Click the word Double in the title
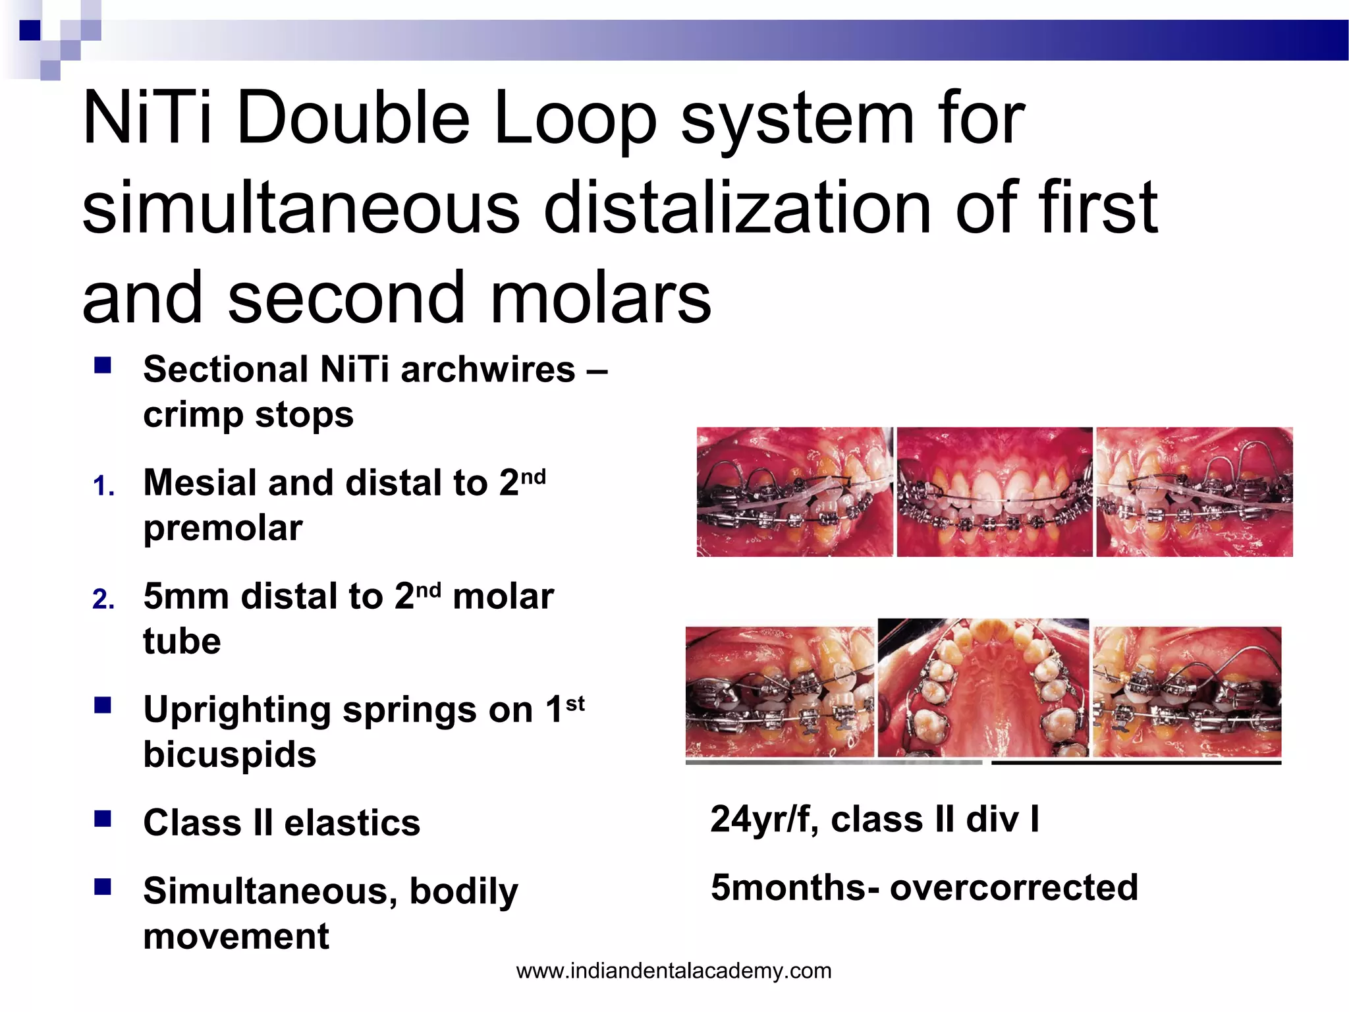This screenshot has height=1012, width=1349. [352, 119]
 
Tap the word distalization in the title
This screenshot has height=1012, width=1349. [738, 208]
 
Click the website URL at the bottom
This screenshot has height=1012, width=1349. [674, 970]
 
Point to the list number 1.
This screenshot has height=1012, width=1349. [103, 486]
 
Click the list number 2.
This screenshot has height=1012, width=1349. [103, 600]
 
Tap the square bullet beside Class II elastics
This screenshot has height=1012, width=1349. [102, 819]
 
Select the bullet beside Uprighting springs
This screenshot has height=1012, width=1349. [102, 706]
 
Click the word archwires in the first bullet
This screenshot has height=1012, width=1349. [487, 369]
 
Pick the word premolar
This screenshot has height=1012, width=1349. [223, 528]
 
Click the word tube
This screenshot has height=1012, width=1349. [182, 641]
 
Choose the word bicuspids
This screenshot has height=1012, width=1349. [230, 754]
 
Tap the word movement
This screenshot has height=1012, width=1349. [236, 936]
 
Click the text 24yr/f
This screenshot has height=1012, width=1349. [764, 820]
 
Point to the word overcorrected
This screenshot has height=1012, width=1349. [1014, 887]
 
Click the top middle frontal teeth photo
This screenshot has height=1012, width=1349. [995, 492]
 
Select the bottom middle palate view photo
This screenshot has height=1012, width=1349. [983, 688]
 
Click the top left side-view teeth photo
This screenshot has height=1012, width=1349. [794, 492]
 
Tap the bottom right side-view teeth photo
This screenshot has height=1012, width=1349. [1188, 692]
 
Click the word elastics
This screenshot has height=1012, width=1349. [352, 824]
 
